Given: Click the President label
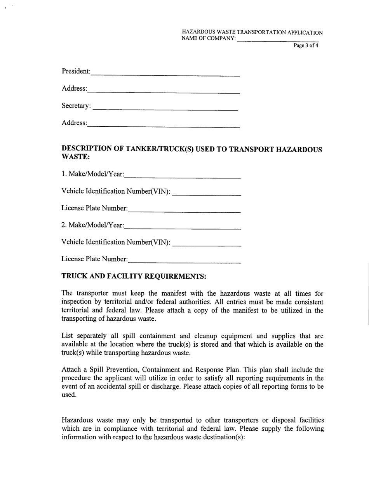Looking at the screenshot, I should (x=76, y=72).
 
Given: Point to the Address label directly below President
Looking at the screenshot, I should (x=74, y=89).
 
